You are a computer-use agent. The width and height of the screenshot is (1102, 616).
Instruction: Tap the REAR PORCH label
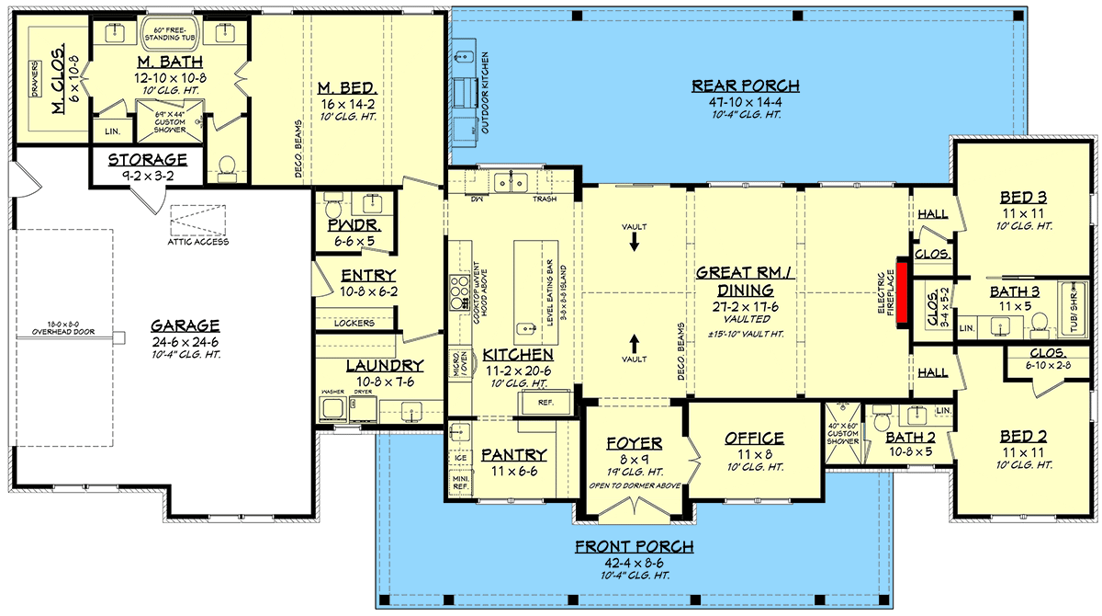coord(745,86)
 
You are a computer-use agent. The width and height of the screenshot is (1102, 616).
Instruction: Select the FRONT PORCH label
coord(634,547)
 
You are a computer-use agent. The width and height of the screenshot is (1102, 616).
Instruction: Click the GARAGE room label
coord(186,325)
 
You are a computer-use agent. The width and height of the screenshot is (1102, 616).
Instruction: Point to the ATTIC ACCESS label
coord(198,242)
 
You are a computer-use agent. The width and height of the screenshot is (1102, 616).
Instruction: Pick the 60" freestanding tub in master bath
coord(170,35)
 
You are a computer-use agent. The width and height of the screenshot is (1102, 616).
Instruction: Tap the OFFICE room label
coord(753,439)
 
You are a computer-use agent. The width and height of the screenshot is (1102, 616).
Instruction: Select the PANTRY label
coord(514,454)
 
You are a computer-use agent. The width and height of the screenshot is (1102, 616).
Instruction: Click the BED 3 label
coord(1025,197)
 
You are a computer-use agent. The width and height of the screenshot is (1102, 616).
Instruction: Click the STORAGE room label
coord(148,159)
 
